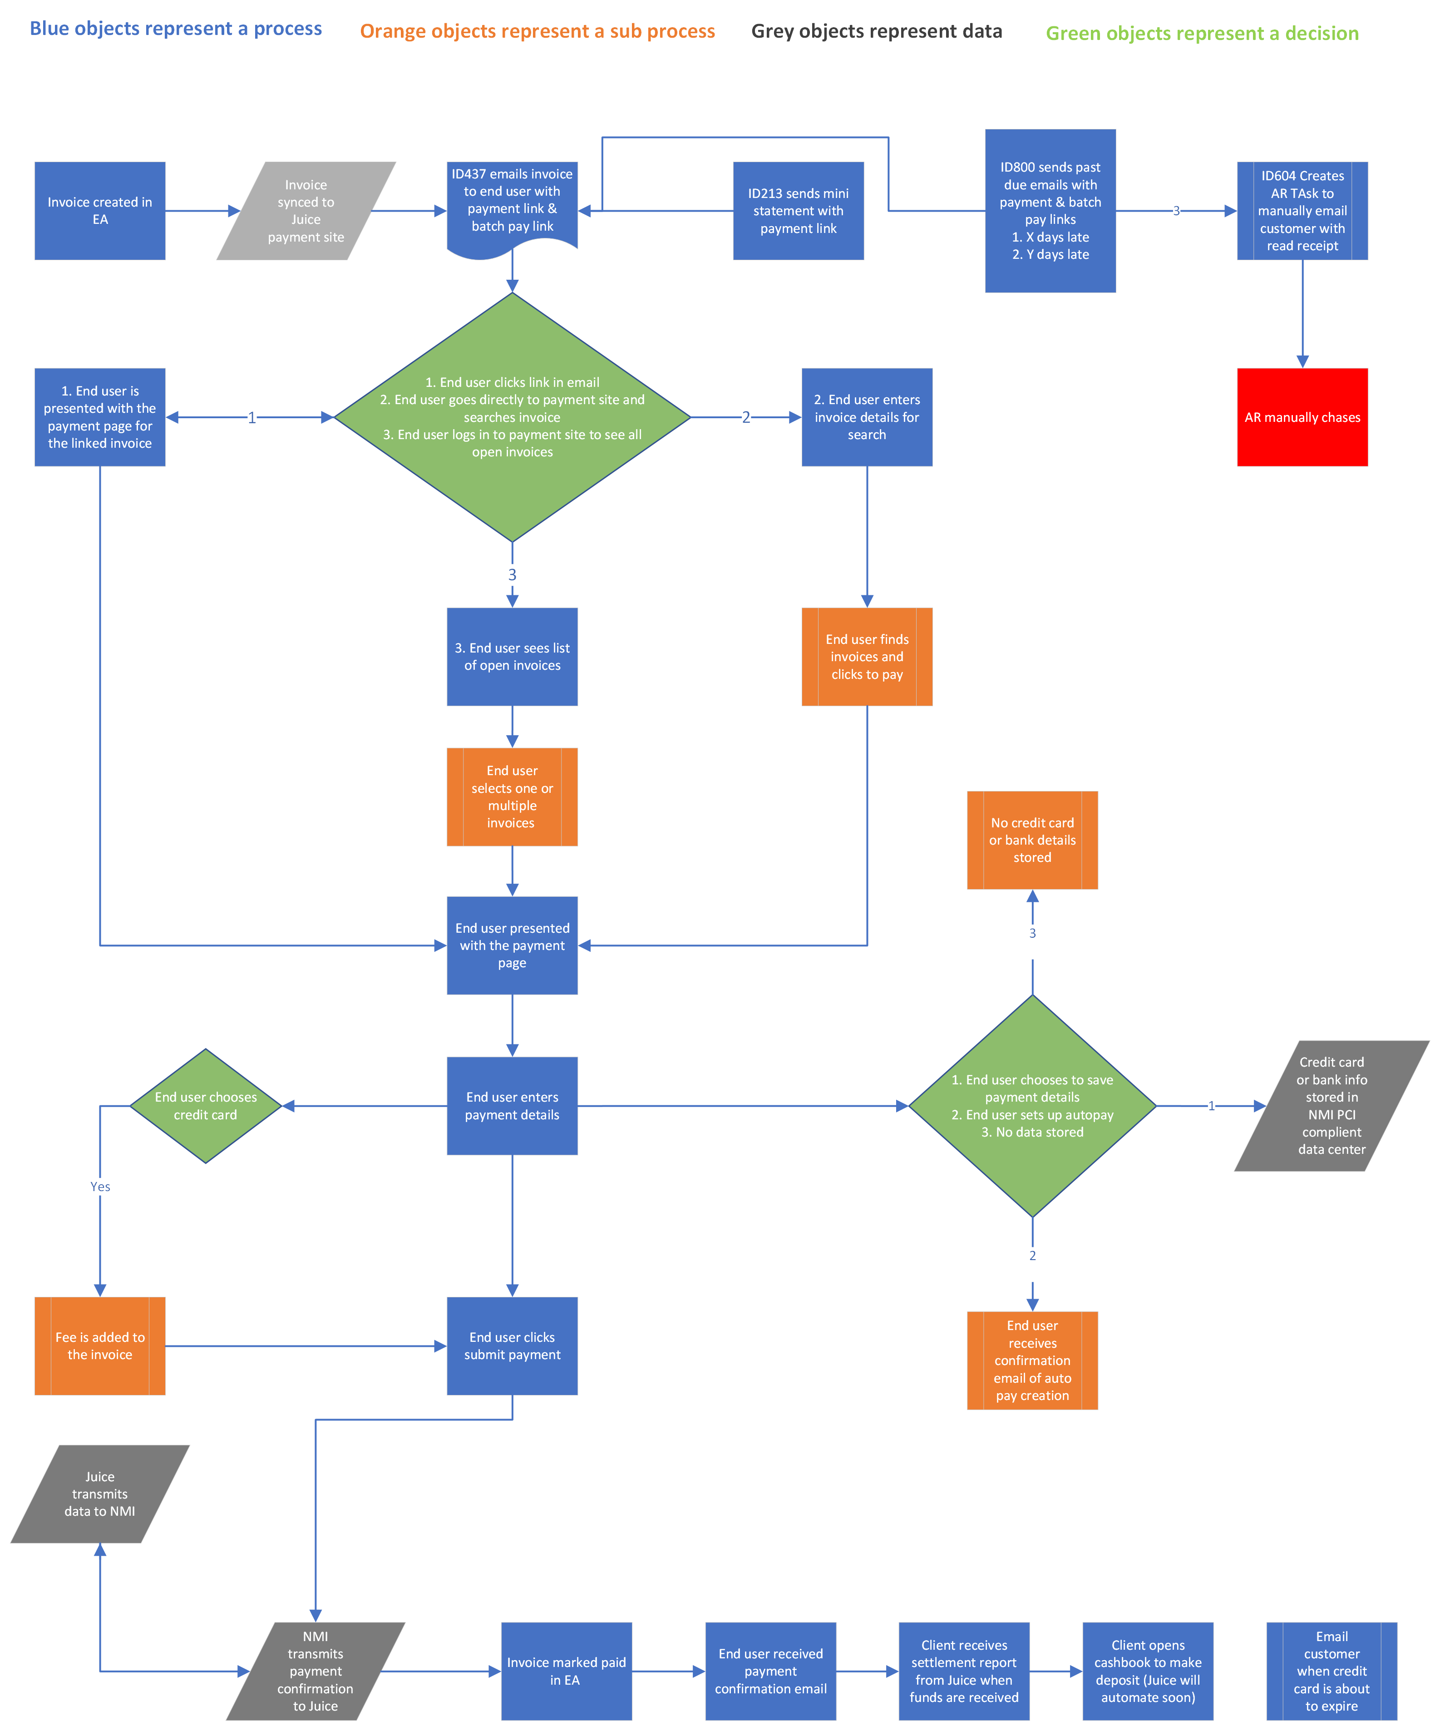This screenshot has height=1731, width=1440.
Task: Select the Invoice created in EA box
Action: pos(100,211)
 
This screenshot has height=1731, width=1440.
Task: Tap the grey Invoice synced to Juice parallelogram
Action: pos(306,211)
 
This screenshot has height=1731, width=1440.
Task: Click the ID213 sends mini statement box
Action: pos(798,211)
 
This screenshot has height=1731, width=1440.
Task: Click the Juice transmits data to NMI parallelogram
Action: pos(100,1494)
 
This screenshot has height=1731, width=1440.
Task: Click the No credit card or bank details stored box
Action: pos(1032,840)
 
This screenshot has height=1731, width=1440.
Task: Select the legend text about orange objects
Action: pos(538,31)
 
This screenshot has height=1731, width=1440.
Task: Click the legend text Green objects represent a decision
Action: pos(1202,34)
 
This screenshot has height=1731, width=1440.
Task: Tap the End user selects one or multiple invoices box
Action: pos(512,796)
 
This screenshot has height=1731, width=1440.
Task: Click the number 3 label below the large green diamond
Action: pos(512,574)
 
